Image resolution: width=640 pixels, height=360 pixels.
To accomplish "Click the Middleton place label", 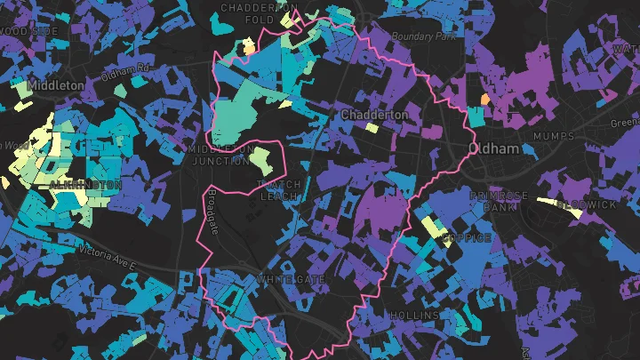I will click(x=56, y=85).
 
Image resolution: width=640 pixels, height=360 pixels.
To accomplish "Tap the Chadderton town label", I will click(x=374, y=116).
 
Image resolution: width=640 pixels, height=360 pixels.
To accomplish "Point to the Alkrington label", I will click(x=85, y=184).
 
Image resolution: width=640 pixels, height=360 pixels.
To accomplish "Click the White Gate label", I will click(x=291, y=279).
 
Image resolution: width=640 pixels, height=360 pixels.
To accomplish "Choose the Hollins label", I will click(x=413, y=316).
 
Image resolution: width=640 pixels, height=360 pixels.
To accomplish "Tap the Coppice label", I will click(x=468, y=238).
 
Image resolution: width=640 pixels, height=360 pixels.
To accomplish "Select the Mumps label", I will click(x=554, y=136).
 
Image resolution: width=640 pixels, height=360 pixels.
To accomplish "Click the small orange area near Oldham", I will click(x=484, y=98).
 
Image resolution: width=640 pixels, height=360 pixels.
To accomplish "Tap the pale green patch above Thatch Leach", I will click(x=260, y=160).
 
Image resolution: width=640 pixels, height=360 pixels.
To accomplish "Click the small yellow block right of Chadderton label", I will click(x=371, y=128).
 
